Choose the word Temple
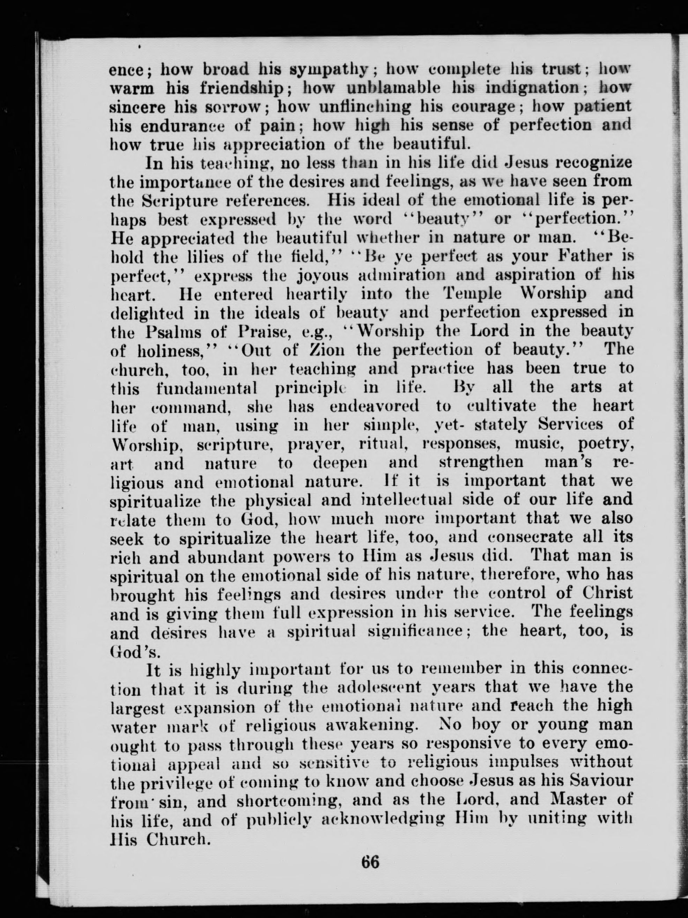tap(473, 294)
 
